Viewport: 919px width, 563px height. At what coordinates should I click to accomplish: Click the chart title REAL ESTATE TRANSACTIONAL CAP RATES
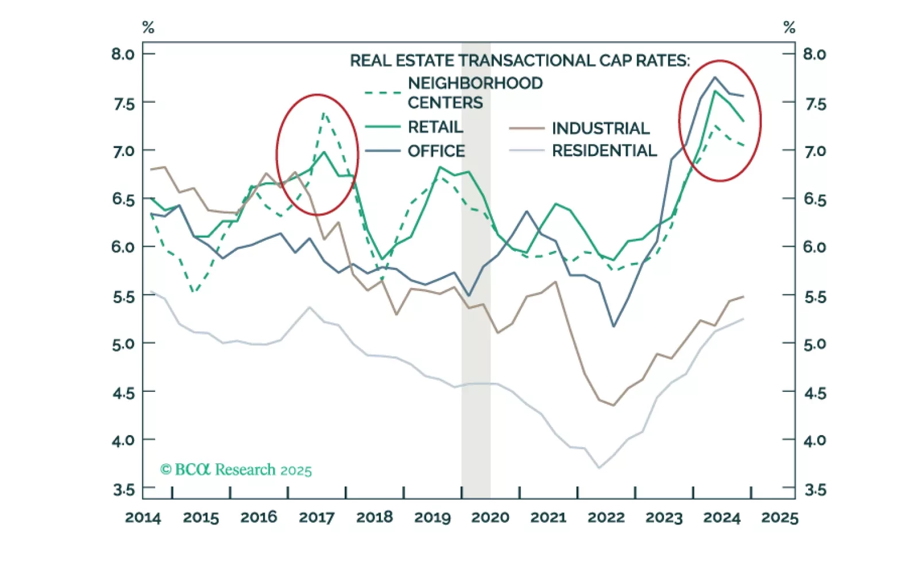coord(520,60)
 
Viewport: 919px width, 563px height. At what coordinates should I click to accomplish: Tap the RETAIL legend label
coord(435,127)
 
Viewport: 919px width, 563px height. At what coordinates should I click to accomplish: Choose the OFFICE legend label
coord(437,151)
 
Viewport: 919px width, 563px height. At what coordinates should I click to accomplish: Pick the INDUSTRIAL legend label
coord(601,128)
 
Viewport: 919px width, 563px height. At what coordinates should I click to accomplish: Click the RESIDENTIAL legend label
coord(604,150)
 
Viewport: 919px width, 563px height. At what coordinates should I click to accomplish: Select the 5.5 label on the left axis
coord(123,297)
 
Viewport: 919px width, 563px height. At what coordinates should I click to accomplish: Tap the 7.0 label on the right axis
coord(814,151)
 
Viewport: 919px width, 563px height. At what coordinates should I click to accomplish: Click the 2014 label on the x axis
coord(143,517)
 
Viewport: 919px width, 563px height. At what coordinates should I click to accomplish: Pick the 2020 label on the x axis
coord(490,517)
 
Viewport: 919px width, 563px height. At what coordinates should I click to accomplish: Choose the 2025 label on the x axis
coord(779,517)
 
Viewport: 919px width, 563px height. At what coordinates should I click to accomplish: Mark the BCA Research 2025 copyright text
coord(236,470)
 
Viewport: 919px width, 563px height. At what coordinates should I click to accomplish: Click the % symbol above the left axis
coord(148,27)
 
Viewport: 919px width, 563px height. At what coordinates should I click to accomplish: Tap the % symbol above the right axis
coord(789,27)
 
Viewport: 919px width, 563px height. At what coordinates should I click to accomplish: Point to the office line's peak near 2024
coord(715,77)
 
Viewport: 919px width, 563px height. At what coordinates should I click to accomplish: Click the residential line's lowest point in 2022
coord(599,468)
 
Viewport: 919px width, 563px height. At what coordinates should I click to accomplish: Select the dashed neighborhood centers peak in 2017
coord(325,113)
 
